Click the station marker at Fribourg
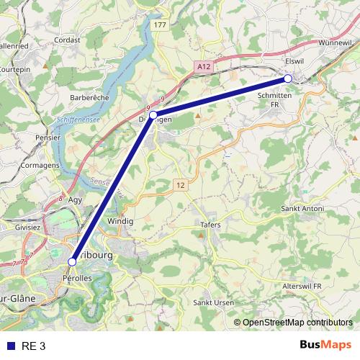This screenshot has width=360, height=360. (72, 261)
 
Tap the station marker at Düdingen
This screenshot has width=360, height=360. (153, 114)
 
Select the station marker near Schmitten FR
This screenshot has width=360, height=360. (287, 78)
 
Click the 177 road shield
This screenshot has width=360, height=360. (160, 25)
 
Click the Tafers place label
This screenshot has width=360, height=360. (210, 225)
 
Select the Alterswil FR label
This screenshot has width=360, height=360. (307, 286)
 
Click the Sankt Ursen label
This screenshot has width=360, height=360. (214, 303)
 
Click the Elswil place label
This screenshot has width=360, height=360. (296, 62)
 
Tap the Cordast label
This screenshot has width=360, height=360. (67, 40)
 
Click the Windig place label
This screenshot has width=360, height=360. (120, 221)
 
